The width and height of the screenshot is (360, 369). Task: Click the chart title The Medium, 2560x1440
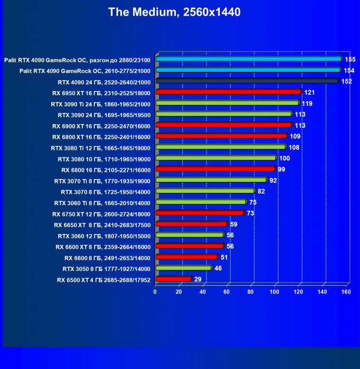(x=174, y=12)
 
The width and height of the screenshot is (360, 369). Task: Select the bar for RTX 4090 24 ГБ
(x=247, y=81)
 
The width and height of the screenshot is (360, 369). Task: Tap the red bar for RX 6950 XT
(x=228, y=92)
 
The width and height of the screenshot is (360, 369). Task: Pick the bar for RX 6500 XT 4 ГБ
(x=173, y=279)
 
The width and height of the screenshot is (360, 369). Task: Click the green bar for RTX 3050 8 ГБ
(x=183, y=268)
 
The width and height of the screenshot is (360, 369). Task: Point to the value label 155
(x=350, y=59)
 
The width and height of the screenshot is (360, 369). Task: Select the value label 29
(x=198, y=279)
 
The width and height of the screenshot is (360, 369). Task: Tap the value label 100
(x=284, y=158)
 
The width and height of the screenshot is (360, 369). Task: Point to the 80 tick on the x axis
(x=251, y=292)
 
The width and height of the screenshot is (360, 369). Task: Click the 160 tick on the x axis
(x=346, y=292)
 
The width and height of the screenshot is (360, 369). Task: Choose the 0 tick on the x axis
(x=155, y=292)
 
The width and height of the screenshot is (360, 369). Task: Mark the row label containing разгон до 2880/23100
(x=77, y=60)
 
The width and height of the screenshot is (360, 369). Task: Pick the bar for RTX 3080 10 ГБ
(x=216, y=158)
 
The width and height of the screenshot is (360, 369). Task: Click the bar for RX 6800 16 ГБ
(x=215, y=169)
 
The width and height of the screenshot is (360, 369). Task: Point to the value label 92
(x=273, y=180)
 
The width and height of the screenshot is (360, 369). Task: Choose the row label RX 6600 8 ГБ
(x=107, y=258)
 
